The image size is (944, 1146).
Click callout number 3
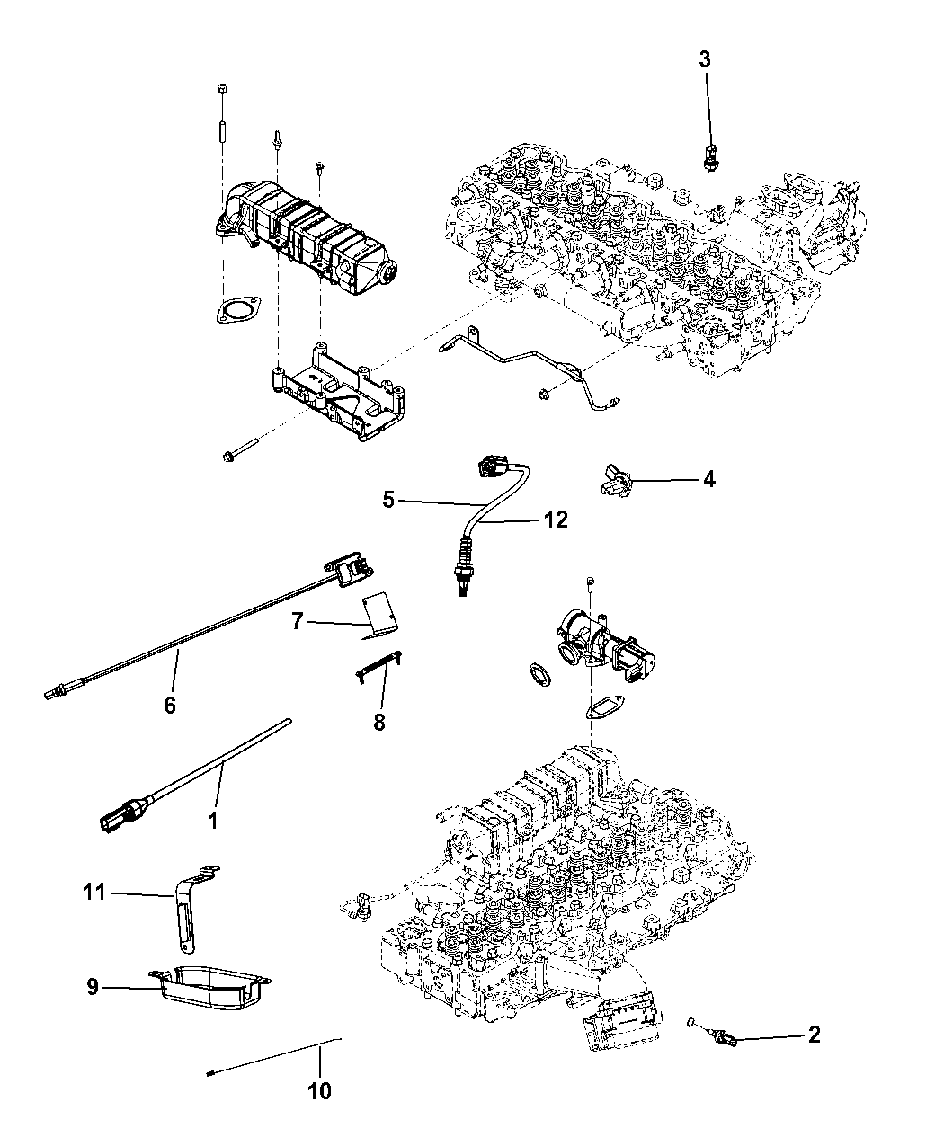pos(705,60)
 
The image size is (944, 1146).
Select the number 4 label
pos(708,479)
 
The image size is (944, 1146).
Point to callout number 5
pos(388,500)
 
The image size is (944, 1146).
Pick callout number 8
pos(378,720)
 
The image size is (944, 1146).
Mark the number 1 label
pos(212,821)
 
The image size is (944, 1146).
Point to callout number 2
pos(814,1035)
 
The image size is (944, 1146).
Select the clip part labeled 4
pos(614,481)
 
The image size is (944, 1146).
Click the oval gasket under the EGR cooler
pos(235,312)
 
